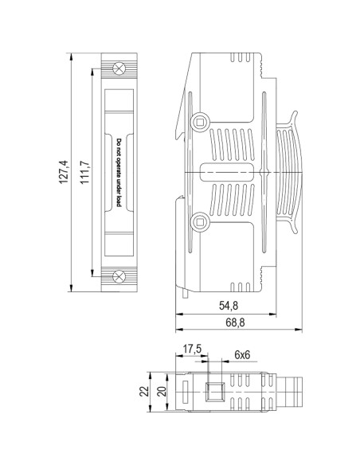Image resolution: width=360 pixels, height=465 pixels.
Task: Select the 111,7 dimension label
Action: click(x=84, y=173)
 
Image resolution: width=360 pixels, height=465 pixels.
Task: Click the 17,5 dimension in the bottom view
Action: click(x=192, y=350)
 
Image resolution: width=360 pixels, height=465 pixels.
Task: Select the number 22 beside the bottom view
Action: click(x=144, y=392)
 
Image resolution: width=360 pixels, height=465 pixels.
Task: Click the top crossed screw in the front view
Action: click(x=119, y=68)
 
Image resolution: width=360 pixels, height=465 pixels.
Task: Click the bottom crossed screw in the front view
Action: click(x=119, y=276)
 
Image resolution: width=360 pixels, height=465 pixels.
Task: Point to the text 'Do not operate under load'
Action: click(x=119, y=172)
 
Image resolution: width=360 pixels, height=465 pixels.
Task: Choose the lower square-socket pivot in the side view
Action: click(x=200, y=221)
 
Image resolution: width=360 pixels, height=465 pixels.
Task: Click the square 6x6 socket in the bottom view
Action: click(x=213, y=392)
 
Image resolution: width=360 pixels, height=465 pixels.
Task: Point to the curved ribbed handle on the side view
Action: click(x=292, y=172)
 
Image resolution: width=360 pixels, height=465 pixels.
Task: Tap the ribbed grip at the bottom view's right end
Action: click(x=290, y=392)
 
